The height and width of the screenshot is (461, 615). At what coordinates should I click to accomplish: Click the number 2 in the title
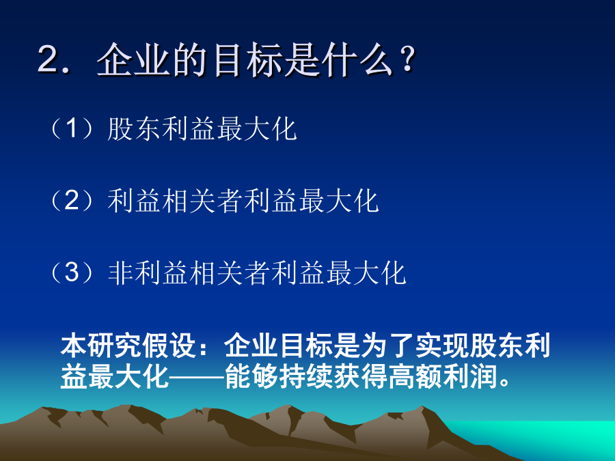(x=49, y=59)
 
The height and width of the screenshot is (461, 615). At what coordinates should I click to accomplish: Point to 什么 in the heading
(x=359, y=60)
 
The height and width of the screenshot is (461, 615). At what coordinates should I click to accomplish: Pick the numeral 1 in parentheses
(x=72, y=128)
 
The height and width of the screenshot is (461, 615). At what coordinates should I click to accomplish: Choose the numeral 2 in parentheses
(x=72, y=200)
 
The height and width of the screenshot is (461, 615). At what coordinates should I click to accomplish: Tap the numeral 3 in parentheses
(x=72, y=272)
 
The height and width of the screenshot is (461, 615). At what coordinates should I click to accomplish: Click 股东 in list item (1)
(x=134, y=129)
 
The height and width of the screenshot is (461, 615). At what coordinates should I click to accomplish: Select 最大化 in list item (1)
(x=257, y=129)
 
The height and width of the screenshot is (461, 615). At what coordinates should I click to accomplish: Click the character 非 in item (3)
(x=121, y=273)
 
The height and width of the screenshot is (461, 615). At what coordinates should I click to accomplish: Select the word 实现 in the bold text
(x=442, y=346)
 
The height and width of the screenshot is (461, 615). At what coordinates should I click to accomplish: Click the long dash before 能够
(x=196, y=378)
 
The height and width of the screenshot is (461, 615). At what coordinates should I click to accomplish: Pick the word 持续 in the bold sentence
(x=305, y=376)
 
